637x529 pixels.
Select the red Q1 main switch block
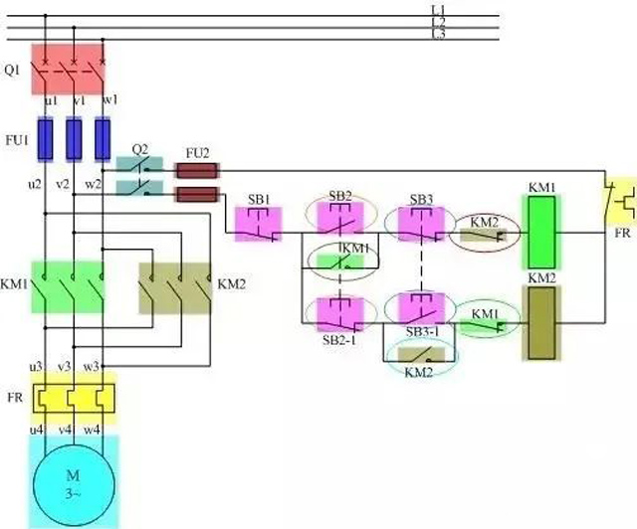[68, 65]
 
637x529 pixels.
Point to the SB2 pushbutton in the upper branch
[340, 220]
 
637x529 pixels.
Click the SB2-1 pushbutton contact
[340, 313]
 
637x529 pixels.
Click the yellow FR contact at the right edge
[622, 201]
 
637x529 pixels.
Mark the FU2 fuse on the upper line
[197, 170]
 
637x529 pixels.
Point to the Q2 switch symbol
[140, 174]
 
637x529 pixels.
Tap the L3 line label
[438, 35]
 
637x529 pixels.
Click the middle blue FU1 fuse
[74, 139]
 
